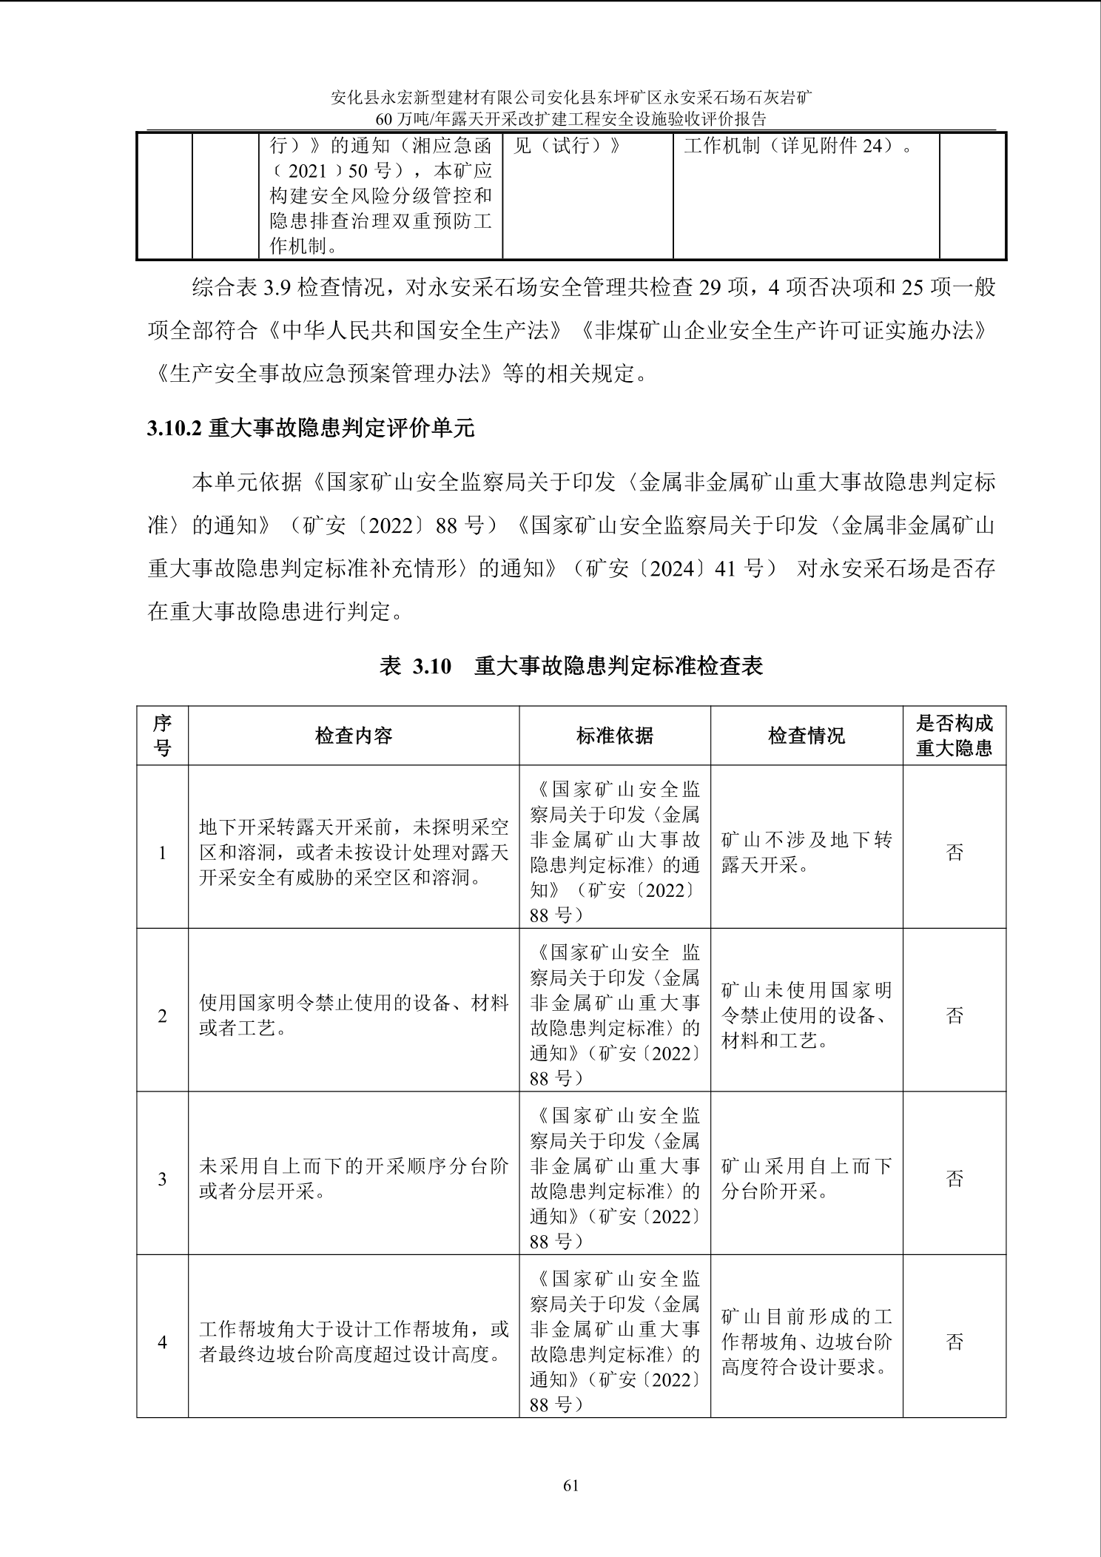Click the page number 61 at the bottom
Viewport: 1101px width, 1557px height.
(570, 1485)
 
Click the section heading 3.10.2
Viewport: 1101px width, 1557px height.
(310, 428)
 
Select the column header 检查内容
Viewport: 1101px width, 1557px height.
(354, 736)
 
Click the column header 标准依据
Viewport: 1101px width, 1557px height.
(614, 736)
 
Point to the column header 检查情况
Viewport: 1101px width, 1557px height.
(807, 736)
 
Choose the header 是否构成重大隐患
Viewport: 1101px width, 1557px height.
(954, 736)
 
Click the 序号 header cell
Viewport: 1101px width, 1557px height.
(163, 736)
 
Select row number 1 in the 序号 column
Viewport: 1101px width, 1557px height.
(163, 853)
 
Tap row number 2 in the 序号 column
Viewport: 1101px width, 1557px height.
(163, 1016)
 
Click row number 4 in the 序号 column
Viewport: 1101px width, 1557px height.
(163, 1342)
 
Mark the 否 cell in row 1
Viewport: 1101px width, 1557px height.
(954, 853)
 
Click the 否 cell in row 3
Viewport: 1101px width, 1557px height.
(954, 1179)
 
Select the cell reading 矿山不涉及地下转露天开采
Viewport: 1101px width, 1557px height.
(807, 853)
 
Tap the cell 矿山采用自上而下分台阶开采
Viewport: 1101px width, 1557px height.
(807, 1179)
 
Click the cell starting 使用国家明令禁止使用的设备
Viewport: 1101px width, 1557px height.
(354, 1015)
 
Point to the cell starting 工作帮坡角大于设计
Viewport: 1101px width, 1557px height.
(354, 1342)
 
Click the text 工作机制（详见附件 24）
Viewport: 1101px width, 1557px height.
(798, 146)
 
